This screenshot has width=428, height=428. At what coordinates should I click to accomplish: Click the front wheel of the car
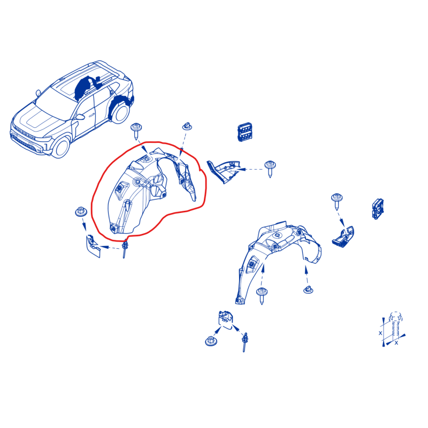tap(61, 148)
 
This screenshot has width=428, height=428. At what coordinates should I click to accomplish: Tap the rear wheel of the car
tap(120, 112)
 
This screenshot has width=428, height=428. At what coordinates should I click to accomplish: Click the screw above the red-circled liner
tap(136, 131)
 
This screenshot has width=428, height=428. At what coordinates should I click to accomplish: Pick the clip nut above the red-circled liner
tap(187, 126)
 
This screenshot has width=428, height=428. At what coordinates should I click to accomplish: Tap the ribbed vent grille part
tap(245, 132)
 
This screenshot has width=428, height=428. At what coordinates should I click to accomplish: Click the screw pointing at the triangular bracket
tap(270, 169)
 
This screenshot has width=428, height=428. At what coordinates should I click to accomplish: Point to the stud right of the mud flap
tap(125, 249)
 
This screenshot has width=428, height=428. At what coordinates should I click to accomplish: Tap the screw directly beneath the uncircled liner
tap(262, 295)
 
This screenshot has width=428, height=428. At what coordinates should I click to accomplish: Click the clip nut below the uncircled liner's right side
tap(308, 289)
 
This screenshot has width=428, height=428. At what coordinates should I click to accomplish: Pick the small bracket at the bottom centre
tap(225, 319)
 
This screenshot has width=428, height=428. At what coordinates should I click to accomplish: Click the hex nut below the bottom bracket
tap(211, 341)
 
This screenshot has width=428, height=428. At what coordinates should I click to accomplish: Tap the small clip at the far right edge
tap(378, 209)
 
